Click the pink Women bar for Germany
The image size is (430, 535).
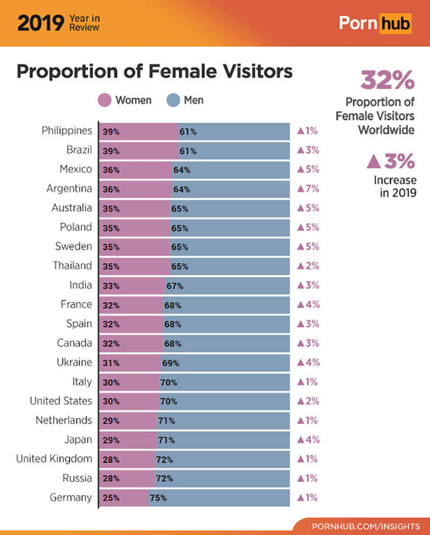(x=124, y=498)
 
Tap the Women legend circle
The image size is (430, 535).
(x=104, y=101)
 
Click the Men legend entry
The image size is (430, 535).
(x=185, y=101)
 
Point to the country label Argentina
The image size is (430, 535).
(x=69, y=189)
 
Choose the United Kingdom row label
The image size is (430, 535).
(x=54, y=459)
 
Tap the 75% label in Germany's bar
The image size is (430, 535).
(x=158, y=498)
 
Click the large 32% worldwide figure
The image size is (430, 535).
(x=387, y=81)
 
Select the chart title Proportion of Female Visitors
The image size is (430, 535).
(x=154, y=72)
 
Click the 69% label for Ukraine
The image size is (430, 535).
(x=170, y=363)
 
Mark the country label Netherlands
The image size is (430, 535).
(x=63, y=420)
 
